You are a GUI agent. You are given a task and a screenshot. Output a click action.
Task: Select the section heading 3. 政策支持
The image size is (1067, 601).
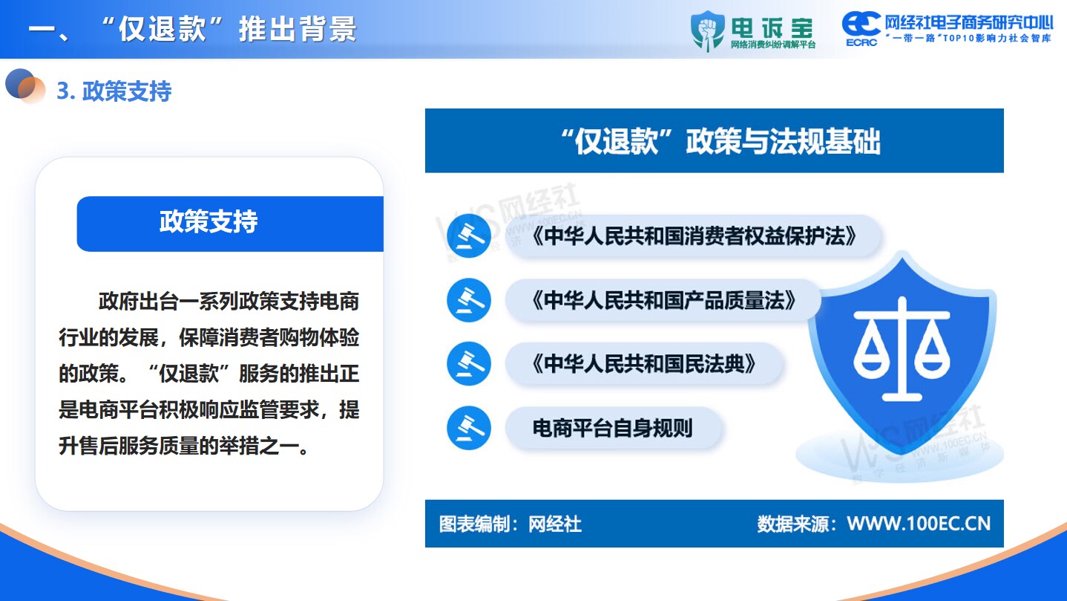[x=114, y=91]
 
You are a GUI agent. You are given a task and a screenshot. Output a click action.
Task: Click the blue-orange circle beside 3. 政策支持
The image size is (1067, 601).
[x=24, y=86]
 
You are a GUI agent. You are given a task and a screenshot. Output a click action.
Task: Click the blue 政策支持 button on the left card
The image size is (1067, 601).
[x=230, y=224]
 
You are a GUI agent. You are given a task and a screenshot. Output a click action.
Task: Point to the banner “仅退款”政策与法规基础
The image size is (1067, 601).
[x=714, y=140]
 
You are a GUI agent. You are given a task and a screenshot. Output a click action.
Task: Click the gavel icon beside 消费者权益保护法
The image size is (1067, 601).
[x=469, y=236]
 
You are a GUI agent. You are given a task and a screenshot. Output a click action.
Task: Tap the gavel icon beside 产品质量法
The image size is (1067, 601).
[x=469, y=300]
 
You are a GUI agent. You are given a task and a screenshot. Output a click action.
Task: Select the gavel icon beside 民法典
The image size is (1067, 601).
[x=469, y=364]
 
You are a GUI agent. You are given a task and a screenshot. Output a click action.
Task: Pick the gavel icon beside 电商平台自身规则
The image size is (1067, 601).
[x=469, y=428]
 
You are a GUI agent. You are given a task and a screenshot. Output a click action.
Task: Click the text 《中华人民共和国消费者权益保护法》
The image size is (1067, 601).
[x=694, y=236]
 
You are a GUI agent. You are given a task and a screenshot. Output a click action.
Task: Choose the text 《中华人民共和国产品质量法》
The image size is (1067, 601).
[x=664, y=300]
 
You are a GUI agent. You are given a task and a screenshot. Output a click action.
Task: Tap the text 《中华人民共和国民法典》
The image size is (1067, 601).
[x=644, y=364]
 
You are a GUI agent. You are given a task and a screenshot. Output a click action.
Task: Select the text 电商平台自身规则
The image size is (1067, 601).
[x=613, y=428]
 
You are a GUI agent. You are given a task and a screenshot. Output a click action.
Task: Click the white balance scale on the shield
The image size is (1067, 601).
[x=902, y=349]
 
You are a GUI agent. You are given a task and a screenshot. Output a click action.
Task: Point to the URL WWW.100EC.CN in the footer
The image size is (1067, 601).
[x=919, y=524]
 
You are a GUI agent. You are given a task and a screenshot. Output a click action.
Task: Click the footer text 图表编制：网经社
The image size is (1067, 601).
[x=510, y=524]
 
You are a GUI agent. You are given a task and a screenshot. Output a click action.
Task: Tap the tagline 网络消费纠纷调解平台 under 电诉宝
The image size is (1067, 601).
[x=773, y=45]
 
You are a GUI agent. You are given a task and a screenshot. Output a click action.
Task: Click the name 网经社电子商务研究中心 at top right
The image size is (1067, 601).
[x=969, y=22]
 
